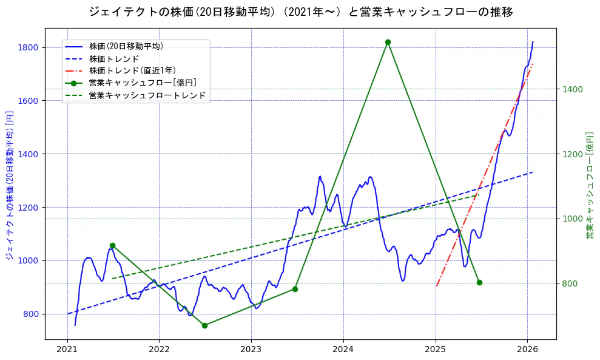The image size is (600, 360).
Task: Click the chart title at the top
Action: [300, 12]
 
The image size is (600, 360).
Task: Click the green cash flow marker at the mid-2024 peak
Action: [388, 42]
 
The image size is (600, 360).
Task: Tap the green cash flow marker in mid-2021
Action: [112, 245]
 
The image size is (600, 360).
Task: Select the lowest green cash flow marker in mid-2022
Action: [204, 325]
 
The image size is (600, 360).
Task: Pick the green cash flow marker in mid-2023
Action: [295, 289]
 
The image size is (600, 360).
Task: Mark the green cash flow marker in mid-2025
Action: [479, 282]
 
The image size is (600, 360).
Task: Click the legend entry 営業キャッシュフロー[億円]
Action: [142, 83]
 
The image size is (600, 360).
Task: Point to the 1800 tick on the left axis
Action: [29, 47]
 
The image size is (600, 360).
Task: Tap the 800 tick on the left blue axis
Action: [31, 314]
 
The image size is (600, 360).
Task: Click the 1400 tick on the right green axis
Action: [573, 89]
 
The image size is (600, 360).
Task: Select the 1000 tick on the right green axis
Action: [573, 219]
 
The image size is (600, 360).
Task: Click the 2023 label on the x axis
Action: [251, 350]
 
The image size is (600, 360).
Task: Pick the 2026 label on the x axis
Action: [527, 350]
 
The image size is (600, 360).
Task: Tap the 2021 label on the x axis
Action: [67, 350]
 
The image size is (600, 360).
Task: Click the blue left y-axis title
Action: [9, 185]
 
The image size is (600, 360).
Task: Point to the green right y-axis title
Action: [589, 185]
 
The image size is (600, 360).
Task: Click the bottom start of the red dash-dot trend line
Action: [436, 286]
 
